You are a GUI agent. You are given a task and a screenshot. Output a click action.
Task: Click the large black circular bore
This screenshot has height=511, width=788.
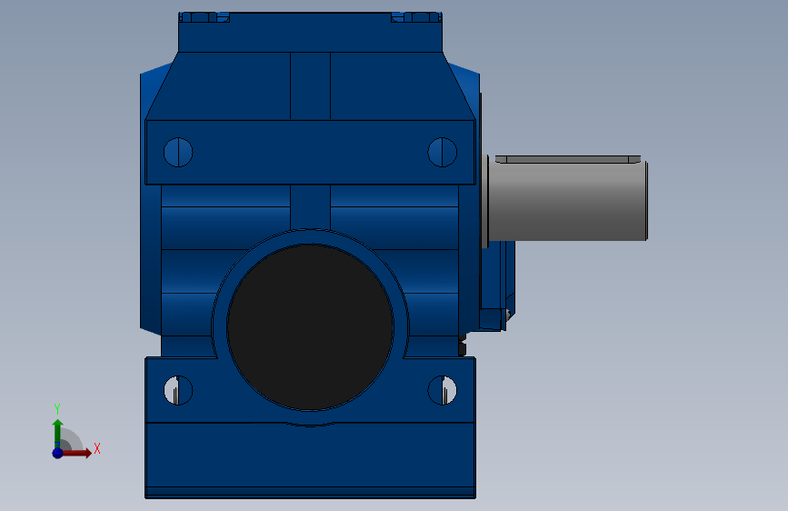(310, 327)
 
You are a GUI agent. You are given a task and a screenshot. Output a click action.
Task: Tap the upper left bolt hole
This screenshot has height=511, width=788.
(178, 152)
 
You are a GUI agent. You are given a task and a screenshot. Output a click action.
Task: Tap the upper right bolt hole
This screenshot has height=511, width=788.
(443, 152)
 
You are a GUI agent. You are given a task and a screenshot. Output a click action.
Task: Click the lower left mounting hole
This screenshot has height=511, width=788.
(178, 390)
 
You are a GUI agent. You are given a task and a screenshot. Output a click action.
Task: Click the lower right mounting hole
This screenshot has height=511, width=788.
(443, 390)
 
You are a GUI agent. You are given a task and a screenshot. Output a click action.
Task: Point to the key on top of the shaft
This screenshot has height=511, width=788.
(568, 159)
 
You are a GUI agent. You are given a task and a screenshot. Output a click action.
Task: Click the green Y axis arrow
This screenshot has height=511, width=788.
(57, 433)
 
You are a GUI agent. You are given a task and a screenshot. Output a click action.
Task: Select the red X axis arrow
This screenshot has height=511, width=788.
(76, 453)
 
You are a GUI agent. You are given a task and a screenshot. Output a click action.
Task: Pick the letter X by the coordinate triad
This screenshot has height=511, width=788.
(97, 448)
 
